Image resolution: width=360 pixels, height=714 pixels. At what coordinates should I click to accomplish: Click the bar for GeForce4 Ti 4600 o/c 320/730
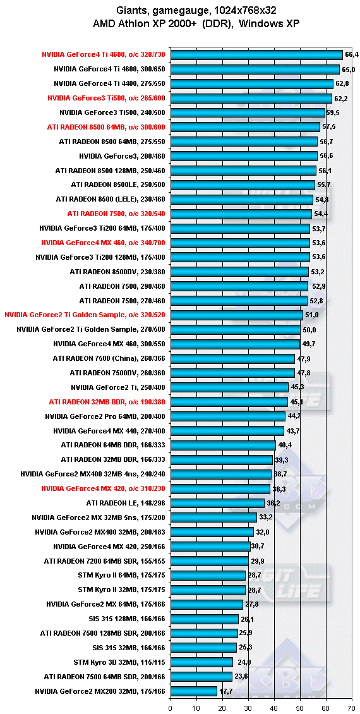256,54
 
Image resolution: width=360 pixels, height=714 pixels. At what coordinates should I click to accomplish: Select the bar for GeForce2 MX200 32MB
193,691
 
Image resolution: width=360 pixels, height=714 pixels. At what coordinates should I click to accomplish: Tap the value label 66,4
352,54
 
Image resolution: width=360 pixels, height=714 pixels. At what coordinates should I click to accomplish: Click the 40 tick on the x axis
274,708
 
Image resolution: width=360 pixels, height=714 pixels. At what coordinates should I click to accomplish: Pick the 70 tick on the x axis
352,708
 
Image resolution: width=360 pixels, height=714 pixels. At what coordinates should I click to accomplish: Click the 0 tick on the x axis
171,708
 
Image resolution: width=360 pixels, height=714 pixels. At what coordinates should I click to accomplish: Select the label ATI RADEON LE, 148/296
125,503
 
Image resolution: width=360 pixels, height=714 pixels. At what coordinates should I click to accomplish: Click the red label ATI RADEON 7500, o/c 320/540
116,213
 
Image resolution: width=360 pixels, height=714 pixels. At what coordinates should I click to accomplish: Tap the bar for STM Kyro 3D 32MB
201,662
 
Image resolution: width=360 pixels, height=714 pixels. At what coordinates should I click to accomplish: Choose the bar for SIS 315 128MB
205,619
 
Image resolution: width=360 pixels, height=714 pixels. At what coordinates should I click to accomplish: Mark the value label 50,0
309,329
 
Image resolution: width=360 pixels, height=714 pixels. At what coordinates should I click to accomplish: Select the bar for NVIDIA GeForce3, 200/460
244,155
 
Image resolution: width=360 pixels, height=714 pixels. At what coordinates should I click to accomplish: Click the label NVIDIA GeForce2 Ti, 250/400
118,387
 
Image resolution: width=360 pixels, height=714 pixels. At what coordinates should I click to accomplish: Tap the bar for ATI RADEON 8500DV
239,272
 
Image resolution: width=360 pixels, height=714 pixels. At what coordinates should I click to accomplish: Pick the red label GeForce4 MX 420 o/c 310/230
103,488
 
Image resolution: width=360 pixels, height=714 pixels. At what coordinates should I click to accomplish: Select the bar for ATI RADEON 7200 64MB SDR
209,560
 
